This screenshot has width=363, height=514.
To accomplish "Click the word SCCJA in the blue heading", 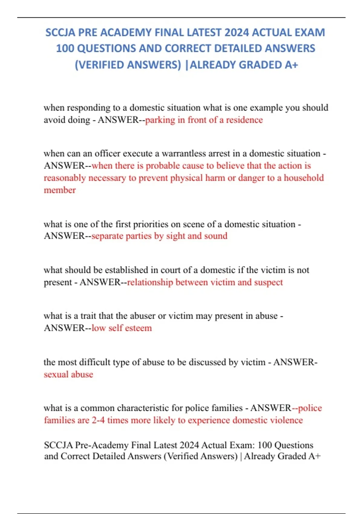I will (60, 32).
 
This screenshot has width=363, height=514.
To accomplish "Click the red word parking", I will (160, 120).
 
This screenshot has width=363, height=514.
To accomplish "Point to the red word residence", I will (244, 120).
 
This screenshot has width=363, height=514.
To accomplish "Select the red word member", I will (60, 190).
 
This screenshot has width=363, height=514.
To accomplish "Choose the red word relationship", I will (150, 282).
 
